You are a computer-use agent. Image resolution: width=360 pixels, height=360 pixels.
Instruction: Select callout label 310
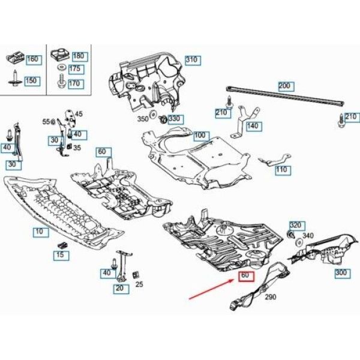click(193, 61)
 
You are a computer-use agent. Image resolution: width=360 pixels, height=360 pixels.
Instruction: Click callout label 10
click(41, 232)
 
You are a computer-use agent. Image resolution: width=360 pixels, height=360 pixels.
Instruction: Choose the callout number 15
click(61, 256)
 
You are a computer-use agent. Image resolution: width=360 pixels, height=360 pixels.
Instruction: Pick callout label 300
click(343, 273)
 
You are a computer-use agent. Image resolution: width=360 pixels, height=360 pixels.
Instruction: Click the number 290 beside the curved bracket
click(271, 297)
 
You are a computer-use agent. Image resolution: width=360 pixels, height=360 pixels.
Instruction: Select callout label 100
click(201, 136)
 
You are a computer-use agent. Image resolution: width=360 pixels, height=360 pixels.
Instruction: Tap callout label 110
click(283, 170)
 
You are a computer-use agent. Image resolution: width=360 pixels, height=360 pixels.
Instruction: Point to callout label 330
click(176, 119)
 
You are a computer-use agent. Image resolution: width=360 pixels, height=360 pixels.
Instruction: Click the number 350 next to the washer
click(143, 119)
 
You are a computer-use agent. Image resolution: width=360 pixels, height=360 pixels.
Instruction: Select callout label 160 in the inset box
click(34, 59)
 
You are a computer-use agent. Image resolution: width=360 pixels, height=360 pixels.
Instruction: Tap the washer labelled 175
click(61, 67)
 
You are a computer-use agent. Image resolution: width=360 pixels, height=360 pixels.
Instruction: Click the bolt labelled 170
click(62, 81)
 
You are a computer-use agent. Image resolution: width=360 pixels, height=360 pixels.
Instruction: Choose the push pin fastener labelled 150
click(15, 78)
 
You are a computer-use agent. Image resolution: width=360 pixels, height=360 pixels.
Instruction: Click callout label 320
click(297, 226)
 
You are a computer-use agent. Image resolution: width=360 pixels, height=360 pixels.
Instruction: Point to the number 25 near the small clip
click(139, 284)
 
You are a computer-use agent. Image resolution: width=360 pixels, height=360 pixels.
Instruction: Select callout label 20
click(121, 289)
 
